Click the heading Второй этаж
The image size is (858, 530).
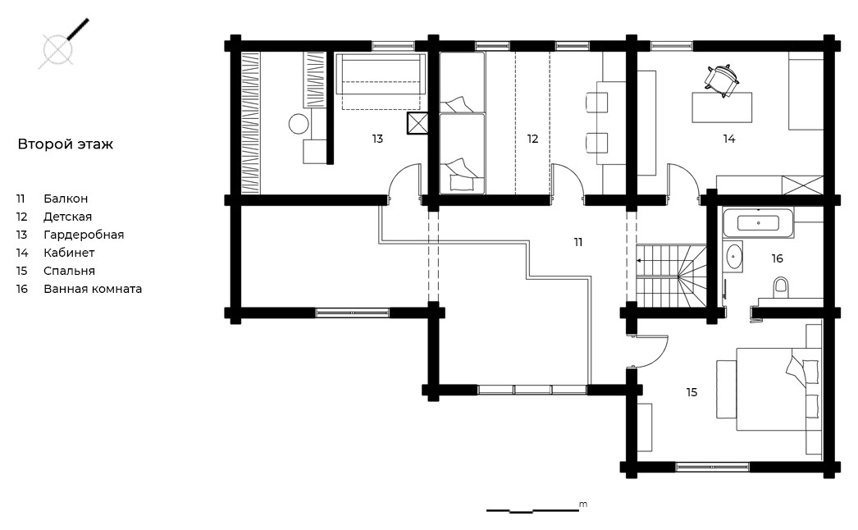65,144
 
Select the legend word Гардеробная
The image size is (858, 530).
84,235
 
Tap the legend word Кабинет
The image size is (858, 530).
69,253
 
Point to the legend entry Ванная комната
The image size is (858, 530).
93,289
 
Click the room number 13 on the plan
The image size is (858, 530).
377,139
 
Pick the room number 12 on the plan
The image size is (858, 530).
533,139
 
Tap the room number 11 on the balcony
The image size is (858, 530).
577,242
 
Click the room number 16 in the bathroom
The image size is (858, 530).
777,258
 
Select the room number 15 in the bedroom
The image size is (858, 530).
691,392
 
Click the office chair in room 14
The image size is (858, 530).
722,80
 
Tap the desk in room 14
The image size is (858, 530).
722,107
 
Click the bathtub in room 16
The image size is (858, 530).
758,223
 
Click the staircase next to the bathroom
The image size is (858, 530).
671,276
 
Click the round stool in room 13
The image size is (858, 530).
299,124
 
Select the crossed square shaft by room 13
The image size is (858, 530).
417,123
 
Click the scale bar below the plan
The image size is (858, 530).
533,510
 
